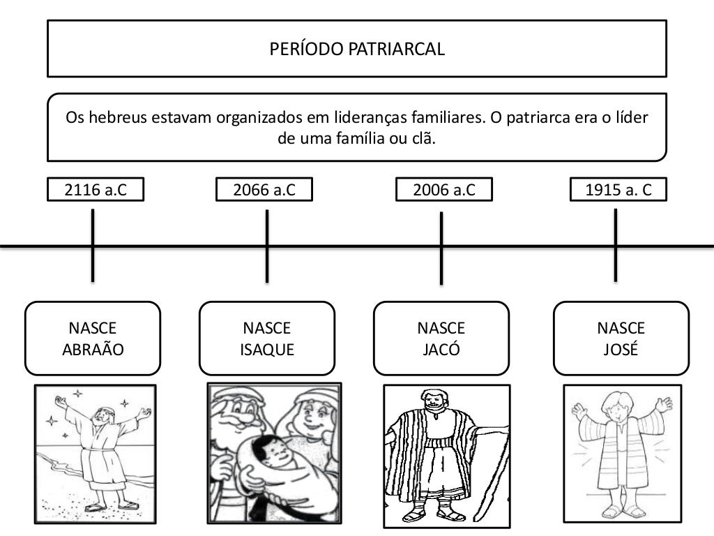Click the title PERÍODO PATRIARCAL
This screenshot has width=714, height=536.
356,49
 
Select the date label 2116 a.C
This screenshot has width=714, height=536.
96,190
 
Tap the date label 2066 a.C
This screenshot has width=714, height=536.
264,190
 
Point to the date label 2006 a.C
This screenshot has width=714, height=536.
444,190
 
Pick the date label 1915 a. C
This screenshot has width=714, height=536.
618,190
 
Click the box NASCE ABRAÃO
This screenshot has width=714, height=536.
93,338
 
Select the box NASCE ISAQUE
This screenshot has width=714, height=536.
267,338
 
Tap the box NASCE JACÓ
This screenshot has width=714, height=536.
441,338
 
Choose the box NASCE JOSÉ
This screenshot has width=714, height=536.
621,338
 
